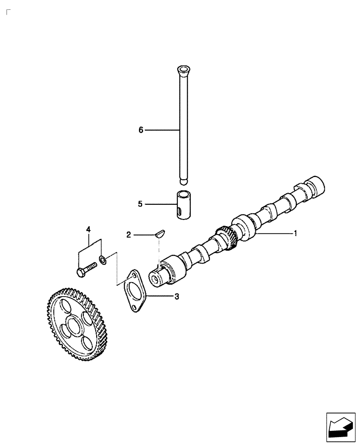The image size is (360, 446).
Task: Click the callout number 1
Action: coord(295,233)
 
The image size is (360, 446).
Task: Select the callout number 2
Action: coord(129,234)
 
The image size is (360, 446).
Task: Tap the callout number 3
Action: coord(176,296)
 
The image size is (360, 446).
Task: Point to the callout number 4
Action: coord(88,229)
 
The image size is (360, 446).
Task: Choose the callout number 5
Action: coord(140,204)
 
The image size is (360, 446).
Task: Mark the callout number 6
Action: coord(141,130)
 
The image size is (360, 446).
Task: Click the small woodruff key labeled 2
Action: coord(159,233)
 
